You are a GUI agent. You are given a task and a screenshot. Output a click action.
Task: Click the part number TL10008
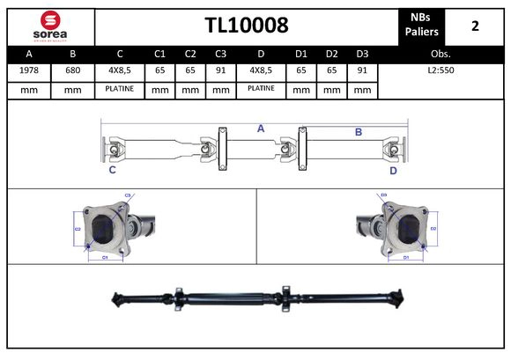[x=246, y=26]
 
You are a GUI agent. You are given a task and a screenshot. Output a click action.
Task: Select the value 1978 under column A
[x=28, y=69]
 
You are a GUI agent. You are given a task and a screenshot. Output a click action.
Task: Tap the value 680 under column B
[x=73, y=69]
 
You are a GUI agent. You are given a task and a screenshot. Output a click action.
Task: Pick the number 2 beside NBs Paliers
[x=475, y=26]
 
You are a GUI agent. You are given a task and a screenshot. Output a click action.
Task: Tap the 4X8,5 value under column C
[x=118, y=69]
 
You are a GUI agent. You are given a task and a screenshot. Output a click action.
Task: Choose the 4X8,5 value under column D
[x=261, y=69]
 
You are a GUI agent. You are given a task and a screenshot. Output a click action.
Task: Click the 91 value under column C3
[x=220, y=69]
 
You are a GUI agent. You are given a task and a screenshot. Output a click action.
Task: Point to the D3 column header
[x=362, y=52]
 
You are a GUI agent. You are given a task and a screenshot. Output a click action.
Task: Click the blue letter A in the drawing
[x=261, y=129]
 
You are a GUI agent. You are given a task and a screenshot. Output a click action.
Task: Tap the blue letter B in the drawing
[x=359, y=132]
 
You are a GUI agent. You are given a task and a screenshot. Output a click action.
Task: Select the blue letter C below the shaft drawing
[x=112, y=171]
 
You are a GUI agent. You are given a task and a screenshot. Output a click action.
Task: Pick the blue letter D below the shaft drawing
[x=393, y=171]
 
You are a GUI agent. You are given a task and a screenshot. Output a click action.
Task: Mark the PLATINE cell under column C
[x=118, y=88]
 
